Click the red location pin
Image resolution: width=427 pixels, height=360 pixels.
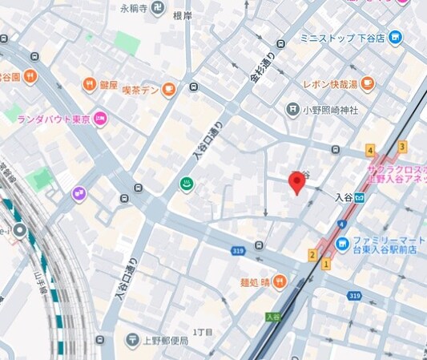pyautogui.click(x=297, y=182)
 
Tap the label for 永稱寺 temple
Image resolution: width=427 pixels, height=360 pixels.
pyautogui.click(x=135, y=9)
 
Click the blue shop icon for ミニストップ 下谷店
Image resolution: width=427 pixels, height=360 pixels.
pyautogui.click(x=395, y=38)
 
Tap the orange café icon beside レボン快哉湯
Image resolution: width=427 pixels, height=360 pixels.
pyautogui.click(x=368, y=83)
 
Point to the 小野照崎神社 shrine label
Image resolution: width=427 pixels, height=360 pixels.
pyautogui.click(x=330, y=109)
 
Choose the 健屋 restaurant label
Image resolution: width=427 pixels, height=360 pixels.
pyautogui.click(x=109, y=84)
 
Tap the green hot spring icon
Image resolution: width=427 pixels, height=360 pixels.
pyautogui.click(x=186, y=184)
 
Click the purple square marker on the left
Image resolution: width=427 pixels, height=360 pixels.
pyautogui.click(x=79, y=192)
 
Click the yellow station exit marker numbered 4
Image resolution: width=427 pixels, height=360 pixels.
pyautogui.click(x=369, y=150)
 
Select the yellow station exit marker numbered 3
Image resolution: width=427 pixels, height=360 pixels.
pyautogui.click(x=402, y=147)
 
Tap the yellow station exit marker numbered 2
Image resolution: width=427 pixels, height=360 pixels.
pyautogui.click(x=312, y=255)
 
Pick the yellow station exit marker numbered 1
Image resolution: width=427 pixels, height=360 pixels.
pyautogui.click(x=326, y=263)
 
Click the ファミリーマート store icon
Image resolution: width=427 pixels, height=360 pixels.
pyautogui.click(x=343, y=242)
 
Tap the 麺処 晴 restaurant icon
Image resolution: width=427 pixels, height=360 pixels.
pyautogui.click(x=279, y=281)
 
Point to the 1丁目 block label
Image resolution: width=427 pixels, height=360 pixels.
pyautogui.click(x=203, y=332)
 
